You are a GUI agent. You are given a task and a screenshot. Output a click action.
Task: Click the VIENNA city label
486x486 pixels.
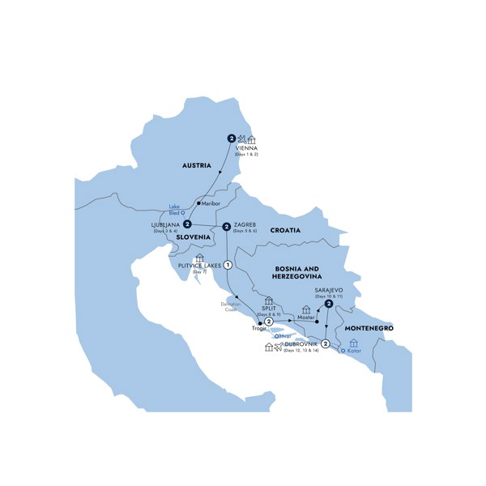(x=246, y=148)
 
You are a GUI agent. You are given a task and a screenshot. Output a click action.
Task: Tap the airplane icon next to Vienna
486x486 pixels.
(x=241, y=139)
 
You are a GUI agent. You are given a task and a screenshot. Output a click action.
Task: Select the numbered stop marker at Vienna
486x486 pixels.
(x=230, y=138)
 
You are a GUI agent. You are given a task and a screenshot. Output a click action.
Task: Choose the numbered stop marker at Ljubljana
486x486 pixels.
(x=187, y=224)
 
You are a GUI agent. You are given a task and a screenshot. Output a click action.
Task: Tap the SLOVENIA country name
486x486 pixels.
(x=188, y=237)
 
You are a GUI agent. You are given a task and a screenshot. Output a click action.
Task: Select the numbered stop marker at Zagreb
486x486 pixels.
(x=226, y=226)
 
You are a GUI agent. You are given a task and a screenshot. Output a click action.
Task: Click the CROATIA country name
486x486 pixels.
(x=284, y=230)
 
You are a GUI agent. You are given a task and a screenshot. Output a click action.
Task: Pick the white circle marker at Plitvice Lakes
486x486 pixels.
(x=228, y=265)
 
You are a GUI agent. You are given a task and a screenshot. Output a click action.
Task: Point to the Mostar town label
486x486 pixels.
(x=305, y=318)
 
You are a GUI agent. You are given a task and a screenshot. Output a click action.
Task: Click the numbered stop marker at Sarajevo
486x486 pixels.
(x=329, y=305)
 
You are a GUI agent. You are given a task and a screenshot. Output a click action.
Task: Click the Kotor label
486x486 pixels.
(x=354, y=352)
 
